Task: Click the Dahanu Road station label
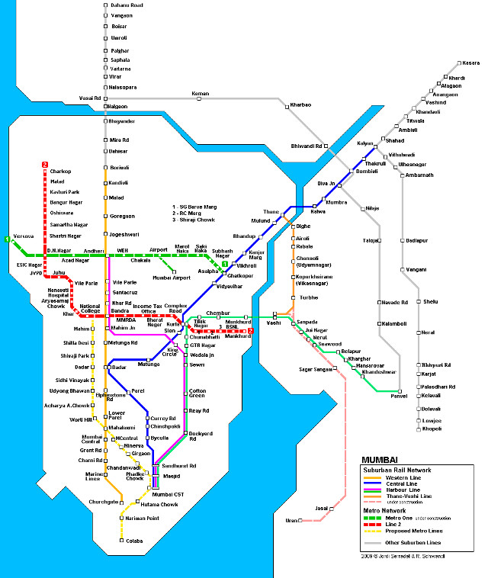coord(127,5)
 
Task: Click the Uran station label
coord(290,520)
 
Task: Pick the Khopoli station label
coord(432,430)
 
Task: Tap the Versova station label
coord(24,236)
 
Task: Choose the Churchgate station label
coord(103,501)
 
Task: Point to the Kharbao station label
coord(300,104)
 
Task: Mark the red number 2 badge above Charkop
coord(45,164)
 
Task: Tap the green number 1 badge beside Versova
coord(7,240)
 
